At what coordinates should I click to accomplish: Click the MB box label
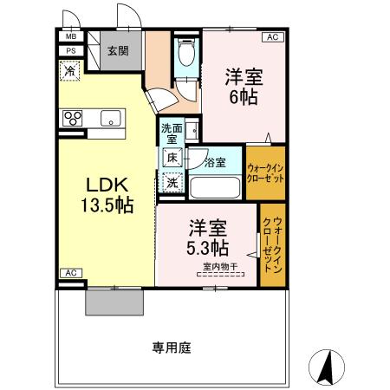coord(70,37)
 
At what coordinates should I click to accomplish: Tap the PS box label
coord(70,51)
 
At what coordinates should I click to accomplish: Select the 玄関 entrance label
coord(118,50)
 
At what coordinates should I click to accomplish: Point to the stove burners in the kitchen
coord(71,118)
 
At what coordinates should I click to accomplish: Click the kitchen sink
coord(112,118)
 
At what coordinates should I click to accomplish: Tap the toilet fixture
coord(185,54)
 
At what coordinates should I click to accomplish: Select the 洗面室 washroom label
coord(170,134)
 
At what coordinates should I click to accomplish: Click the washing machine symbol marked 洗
coord(172,182)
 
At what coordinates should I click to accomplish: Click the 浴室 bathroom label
coord(216,162)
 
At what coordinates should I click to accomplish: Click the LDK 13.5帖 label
coord(107,195)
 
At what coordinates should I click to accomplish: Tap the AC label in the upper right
coord(271,37)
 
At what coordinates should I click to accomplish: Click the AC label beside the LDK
coord(71,274)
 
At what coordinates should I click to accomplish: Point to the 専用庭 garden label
coord(171,348)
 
